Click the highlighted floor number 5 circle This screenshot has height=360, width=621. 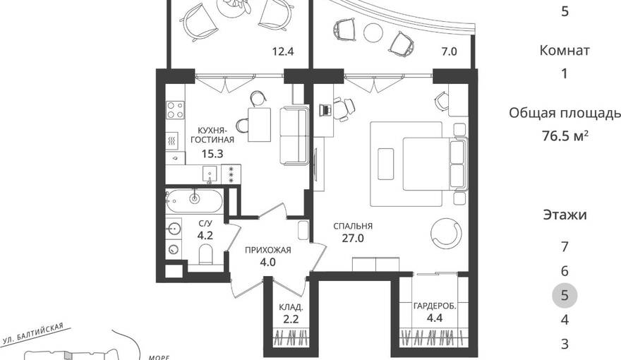click(565, 296)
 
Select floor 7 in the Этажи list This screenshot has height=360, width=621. click(565, 247)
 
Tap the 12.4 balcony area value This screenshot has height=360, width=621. click(283, 52)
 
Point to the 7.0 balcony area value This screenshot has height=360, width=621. click(449, 52)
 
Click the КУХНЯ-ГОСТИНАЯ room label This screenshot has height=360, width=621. click(212, 135)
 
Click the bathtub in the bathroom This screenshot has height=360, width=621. click(194, 201)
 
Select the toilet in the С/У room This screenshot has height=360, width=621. click(205, 254)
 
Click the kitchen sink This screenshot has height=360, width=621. click(210, 174)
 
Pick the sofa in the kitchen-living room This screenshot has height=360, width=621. click(294, 136)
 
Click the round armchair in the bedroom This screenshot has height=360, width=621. click(446, 234)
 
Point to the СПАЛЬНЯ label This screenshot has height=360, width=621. click(352, 226)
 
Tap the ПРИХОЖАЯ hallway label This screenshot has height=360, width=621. click(267, 250)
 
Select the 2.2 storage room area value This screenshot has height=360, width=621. click(291, 319)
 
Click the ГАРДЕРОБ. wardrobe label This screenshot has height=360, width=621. click(435, 306)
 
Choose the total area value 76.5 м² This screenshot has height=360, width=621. click(565, 136)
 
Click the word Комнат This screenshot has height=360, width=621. click(565, 50)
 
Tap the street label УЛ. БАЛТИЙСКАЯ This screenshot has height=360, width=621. click(33, 333)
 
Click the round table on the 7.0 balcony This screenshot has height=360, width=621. click(373, 32)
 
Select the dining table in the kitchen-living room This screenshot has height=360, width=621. click(260, 124)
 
